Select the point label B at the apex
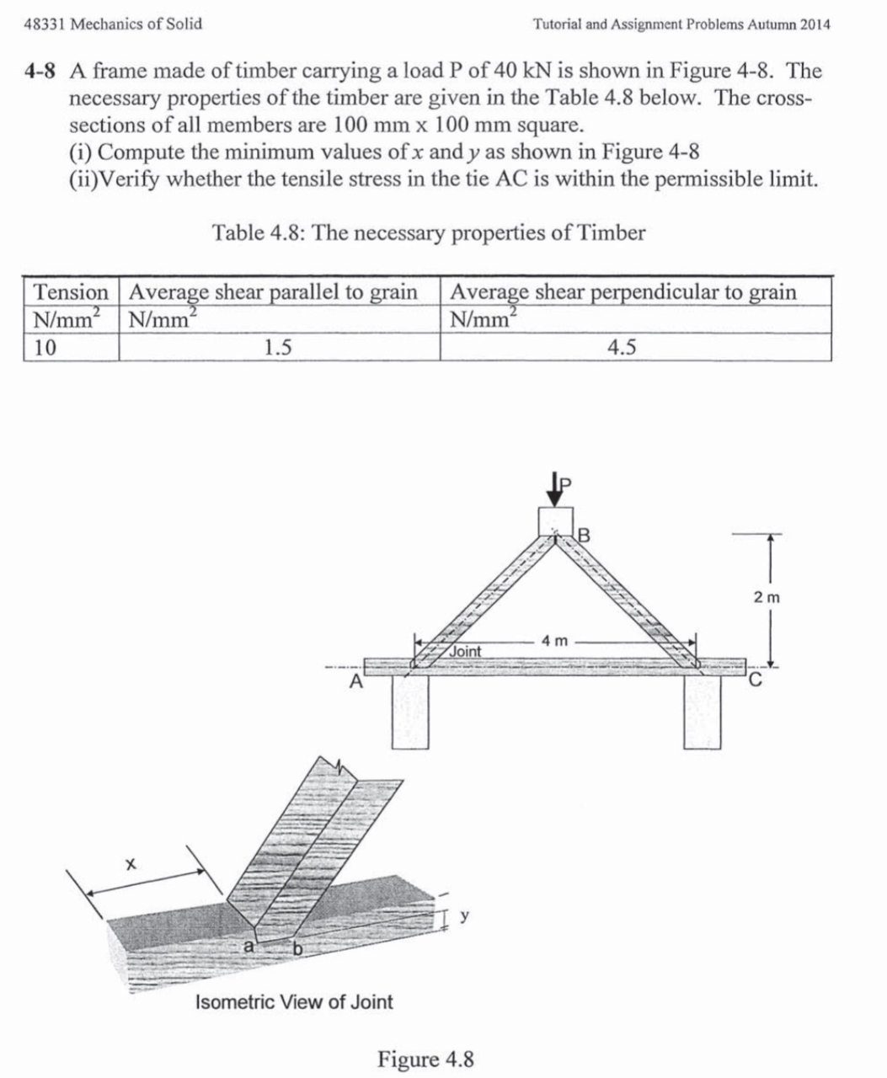(x=584, y=533)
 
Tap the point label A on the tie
(x=356, y=680)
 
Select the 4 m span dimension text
(x=556, y=641)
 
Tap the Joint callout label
(x=464, y=651)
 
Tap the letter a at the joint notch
(x=248, y=946)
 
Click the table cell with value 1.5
(x=278, y=348)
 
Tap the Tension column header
(x=71, y=292)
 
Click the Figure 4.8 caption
(x=425, y=1059)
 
